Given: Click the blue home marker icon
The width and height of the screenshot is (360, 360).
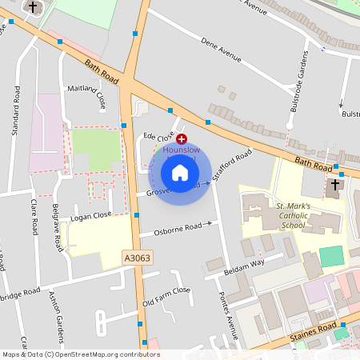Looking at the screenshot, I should [180, 173].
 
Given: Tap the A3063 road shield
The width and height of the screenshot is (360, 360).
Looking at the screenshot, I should [138, 258].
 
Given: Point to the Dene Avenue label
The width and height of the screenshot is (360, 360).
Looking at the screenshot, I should [221, 50].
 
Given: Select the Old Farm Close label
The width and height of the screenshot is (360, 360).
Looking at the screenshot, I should [166, 297].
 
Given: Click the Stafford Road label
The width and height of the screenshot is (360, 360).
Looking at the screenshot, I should [237, 162].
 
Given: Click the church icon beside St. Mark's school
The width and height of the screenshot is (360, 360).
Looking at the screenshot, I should [333, 187].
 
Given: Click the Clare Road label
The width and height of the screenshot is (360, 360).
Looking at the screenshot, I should [34, 217].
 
